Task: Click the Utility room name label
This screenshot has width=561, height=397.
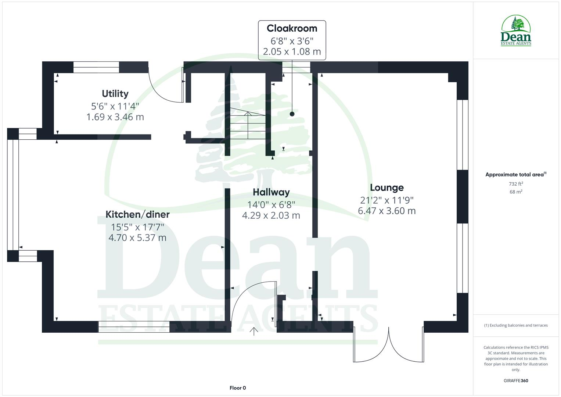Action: pos(115,94)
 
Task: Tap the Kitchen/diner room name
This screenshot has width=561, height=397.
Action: pos(137,214)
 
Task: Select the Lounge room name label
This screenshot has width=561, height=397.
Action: pos(386,187)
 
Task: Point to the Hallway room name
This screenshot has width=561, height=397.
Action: pos(271,192)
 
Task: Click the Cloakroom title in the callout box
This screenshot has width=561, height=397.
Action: pos(292,28)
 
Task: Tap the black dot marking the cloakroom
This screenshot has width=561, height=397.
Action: pos(292,114)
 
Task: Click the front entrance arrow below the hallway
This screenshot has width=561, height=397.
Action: pos(253,331)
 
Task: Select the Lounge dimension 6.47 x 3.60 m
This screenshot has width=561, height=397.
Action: pos(386,211)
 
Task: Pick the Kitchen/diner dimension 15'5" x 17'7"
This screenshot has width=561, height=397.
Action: pos(137,227)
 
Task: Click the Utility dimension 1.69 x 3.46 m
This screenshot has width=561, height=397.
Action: pos(115,117)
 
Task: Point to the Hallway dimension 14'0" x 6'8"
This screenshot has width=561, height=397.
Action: pos(271,204)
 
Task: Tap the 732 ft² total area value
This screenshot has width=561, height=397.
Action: pos(516,184)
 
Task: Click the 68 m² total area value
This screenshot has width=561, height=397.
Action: pos(516,192)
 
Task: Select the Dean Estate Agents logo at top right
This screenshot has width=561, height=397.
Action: pos(516,31)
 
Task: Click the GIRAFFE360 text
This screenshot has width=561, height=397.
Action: pos(515,381)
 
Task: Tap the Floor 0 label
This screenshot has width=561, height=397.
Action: pos(238,388)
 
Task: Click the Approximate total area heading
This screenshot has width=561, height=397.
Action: pos(515,175)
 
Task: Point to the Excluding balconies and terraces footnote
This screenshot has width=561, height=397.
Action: pos(515,325)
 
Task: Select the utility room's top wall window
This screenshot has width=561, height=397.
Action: pos(96,67)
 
